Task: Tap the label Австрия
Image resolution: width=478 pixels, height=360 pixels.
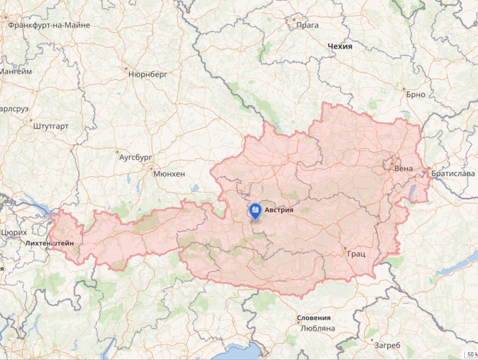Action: [x=279, y=210]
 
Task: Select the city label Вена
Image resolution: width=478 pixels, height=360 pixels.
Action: [x=403, y=168]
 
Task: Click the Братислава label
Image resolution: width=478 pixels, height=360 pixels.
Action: [x=453, y=173]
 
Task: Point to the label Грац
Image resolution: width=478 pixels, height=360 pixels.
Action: [x=356, y=254]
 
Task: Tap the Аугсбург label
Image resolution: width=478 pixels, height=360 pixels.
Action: [x=136, y=157]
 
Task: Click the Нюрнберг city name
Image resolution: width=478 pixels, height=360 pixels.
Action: [x=148, y=74]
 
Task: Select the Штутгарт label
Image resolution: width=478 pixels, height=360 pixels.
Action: [x=51, y=126]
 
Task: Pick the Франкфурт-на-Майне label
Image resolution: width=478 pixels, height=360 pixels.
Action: [x=49, y=25]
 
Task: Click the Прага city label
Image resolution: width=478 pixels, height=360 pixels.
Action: [x=308, y=25]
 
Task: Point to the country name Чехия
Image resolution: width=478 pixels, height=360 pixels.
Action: [x=340, y=47]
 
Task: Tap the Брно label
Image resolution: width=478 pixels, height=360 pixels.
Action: [x=415, y=94]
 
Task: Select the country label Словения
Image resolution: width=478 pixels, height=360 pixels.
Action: [x=314, y=318]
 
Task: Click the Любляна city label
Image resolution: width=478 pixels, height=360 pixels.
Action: [x=317, y=328]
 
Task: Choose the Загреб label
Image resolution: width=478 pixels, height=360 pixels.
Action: [x=387, y=345]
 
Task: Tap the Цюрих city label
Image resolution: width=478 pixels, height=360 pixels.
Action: [x=14, y=232]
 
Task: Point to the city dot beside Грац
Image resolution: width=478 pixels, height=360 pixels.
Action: [x=345, y=248]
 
